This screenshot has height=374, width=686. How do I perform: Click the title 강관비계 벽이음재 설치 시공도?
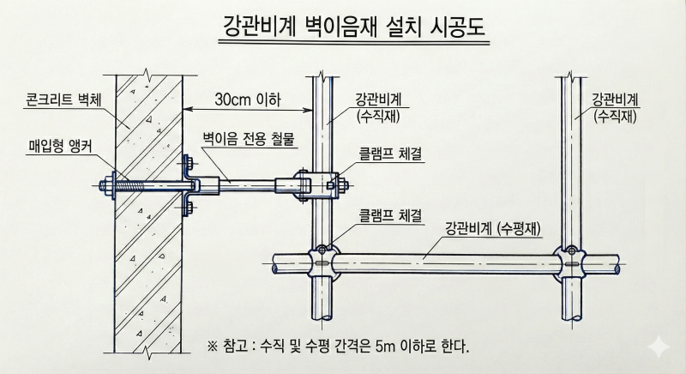tap(354, 27)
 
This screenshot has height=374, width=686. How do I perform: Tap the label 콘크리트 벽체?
tap(63, 100)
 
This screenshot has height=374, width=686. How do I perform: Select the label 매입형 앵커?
tap(61, 146)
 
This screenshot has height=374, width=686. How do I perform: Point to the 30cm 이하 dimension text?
tap(247, 100)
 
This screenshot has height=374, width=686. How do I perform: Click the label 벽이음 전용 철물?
tap(248, 139)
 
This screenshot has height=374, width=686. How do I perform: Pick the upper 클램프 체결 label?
tap(390, 154)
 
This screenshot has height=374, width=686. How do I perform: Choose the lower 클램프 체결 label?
tap(390, 214)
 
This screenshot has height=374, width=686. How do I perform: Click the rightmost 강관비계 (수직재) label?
tap(615, 107)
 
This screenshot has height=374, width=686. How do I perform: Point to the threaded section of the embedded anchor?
tap(130, 185)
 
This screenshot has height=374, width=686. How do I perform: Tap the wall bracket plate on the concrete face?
tap(188, 185)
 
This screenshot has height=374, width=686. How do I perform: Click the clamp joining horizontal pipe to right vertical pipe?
tap(572, 263)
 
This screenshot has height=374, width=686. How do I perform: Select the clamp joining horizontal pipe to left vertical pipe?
tap(322, 262)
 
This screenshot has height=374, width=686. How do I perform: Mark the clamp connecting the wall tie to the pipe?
tap(321, 185)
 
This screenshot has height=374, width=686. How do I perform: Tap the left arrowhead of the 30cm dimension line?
tap(187, 110)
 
